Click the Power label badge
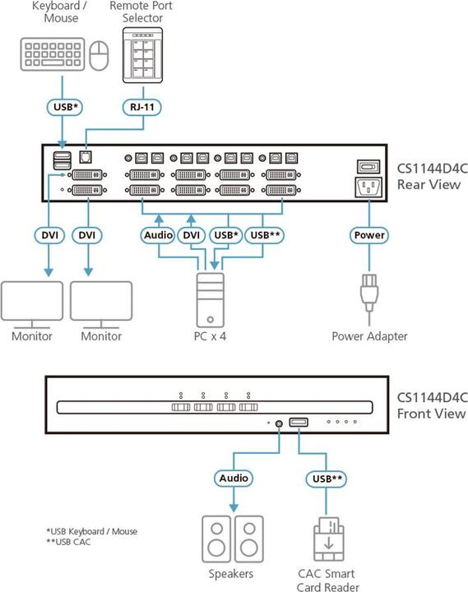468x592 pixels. click(x=368, y=235)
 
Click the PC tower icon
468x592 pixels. click(x=211, y=300)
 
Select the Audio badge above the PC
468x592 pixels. click(x=156, y=235)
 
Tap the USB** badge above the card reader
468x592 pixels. click(x=324, y=478)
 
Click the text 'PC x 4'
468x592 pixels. click(x=211, y=336)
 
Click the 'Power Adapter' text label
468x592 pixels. click(x=369, y=336)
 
